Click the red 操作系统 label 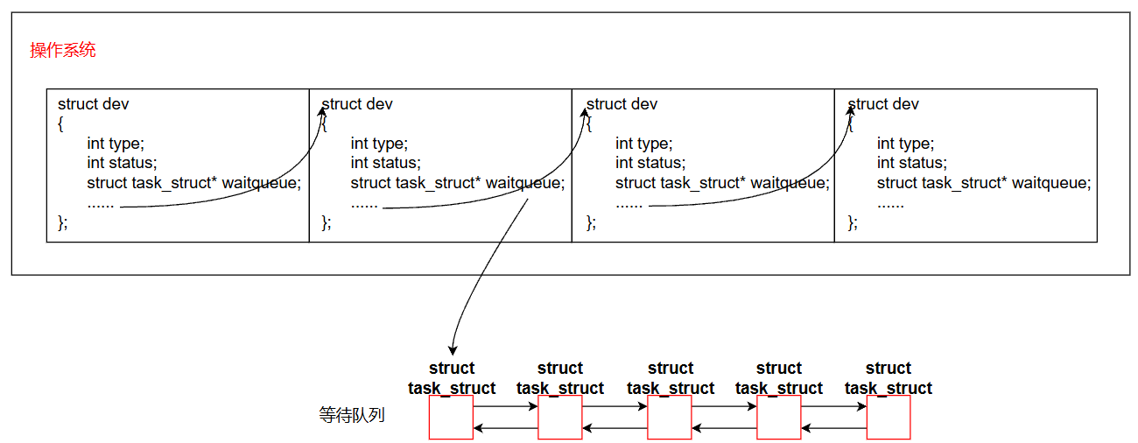click(62, 50)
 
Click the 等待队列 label click(352, 415)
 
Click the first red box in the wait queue click(451, 417)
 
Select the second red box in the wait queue click(560, 417)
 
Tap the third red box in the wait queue click(670, 417)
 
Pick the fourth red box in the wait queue click(779, 417)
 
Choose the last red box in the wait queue click(889, 417)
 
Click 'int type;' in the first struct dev click(116, 144)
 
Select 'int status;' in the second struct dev click(385, 163)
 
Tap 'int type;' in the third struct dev click(643, 144)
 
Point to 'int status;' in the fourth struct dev click(912, 163)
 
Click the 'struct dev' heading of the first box click(93, 104)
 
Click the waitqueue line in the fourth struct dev click(984, 183)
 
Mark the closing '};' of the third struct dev click(591, 222)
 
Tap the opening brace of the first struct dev click(60, 124)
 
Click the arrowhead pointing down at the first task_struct click(453, 350)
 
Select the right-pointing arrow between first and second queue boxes click(505, 406)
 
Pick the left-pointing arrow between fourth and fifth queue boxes click(833, 428)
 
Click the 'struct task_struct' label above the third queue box click(670, 378)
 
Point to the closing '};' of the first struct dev click(62, 222)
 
